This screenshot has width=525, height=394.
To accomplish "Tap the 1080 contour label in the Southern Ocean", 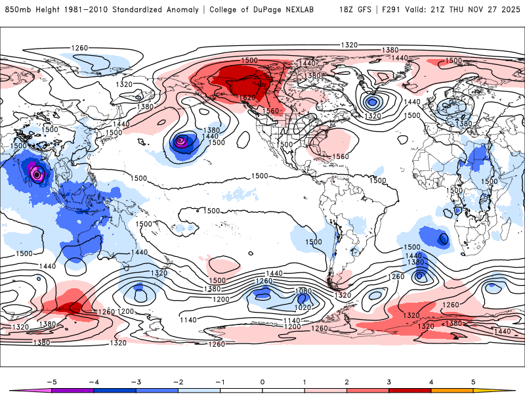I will click(303, 290).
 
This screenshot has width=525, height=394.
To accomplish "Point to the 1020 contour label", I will click(303, 307).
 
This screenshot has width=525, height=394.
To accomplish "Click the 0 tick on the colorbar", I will click(262, 381).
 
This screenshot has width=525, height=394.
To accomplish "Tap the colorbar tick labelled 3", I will click(389, 381).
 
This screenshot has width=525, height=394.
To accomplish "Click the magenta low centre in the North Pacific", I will click(182, 139).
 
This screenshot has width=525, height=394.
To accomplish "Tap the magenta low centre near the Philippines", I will click(37, 174).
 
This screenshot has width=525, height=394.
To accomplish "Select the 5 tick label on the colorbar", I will click(474, 381).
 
